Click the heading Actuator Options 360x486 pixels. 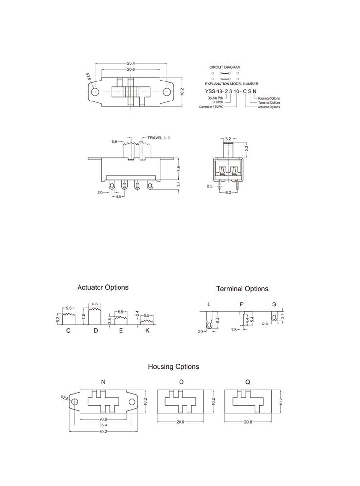(x=103, y=287)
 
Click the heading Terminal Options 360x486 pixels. (x=242, y=289)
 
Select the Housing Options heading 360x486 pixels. (x=173, y=366)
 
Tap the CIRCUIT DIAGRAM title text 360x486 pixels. (x=224, y=67)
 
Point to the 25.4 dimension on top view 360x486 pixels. (x=131, y=63)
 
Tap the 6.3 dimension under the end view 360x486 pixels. (x=227, y=193)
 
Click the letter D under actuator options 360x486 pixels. (x=96, y=331)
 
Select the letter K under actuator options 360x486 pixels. (x=147, y=331)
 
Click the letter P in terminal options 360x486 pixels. (x=241, y=304)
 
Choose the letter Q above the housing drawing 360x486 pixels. (x=248, y=382)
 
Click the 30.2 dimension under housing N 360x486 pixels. (x=103, y=431)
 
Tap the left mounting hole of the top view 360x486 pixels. (x=95, y=91)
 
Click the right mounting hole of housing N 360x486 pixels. (x=132, y=401)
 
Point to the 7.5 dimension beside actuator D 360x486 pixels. (x=84, y=316)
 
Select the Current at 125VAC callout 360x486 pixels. (x=211, y=107)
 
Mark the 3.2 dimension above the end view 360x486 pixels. (x=228, y=139)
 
